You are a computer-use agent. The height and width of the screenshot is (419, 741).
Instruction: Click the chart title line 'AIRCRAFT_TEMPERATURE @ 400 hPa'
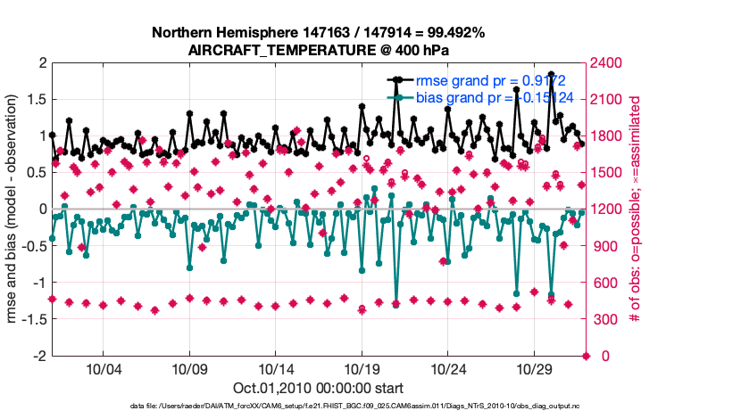click(x=318, y=50)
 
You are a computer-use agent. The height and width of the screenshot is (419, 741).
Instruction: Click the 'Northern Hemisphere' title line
click(x=318, y=33)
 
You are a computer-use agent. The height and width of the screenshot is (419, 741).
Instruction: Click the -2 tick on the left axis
click(x=39, y=356)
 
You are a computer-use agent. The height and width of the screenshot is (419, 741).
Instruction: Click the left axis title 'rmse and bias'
click(x=15, y=209)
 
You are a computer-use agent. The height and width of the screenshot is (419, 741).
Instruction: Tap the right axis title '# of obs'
click(x=637, y=209)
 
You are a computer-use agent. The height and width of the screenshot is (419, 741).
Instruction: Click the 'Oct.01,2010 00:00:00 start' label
click(x=318, y=388)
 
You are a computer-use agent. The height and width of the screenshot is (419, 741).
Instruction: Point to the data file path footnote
click(x=318, y=407)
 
